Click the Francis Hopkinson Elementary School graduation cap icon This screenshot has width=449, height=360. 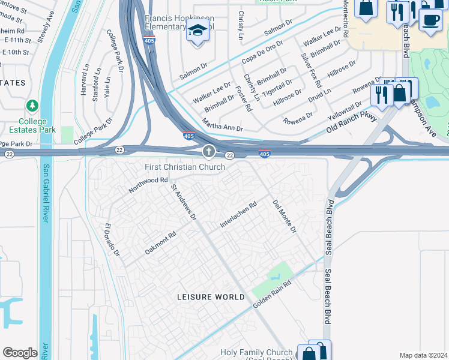click(x=197, y=29)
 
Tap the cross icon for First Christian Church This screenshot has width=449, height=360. click(x=209, y=151)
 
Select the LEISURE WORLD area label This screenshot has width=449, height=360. click(x=211, y=297)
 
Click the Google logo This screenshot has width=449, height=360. click(x=20, y=352)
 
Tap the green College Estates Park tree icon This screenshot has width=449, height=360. click(x=32, y=106)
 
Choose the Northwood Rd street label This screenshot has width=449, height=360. click(x=148, y=185)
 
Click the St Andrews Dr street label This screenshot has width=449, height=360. click(x=184, y=202)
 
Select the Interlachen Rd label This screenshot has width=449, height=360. click(x=238, y=213)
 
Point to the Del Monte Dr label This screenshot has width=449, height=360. click(x=285, y=217)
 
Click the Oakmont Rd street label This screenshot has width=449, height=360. click(x=160, y=242)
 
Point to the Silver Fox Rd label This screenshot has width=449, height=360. click(x=310, y=71)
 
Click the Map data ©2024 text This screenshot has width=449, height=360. click(x=423, y=355)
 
